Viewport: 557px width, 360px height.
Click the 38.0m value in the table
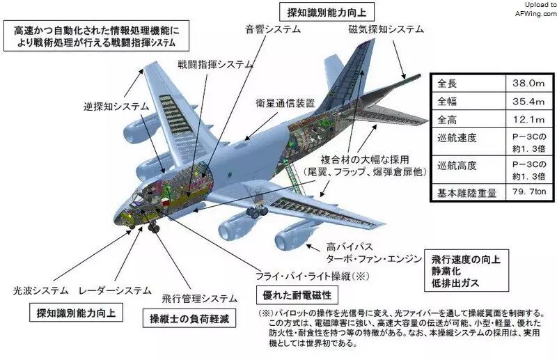coord(528,84)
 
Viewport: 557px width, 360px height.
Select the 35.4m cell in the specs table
coord(528,101)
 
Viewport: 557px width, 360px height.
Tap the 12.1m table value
coord(528,119)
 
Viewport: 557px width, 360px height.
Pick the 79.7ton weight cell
coord(529,191)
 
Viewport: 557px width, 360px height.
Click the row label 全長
coord(447,84)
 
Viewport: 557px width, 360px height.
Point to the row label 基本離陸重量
coord(466,193)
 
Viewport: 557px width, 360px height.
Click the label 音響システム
coord(273,29)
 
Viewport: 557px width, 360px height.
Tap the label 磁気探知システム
coord(386,29)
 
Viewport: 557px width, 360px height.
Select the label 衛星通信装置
coord(285,103)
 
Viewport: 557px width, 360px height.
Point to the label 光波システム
coord(40,290)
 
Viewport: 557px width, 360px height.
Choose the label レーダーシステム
coord(115,290)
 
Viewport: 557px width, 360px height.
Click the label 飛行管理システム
coord(199,299)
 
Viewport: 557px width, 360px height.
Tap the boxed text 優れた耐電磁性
coord(297,295)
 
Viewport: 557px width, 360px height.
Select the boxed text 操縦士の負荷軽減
coord(189,318)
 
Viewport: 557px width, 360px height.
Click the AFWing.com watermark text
coord(536,13)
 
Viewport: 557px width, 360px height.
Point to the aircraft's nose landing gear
coord(153,226)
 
